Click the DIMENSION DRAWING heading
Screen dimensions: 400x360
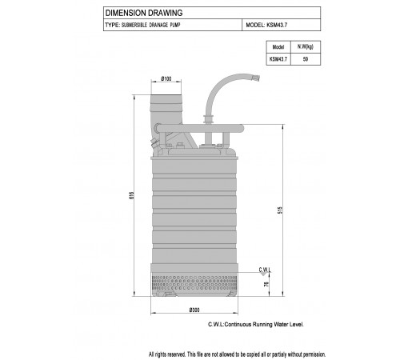144,13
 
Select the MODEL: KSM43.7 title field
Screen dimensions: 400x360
266,25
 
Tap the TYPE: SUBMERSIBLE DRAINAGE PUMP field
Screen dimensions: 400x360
142,25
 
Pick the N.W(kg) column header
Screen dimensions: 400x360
306,47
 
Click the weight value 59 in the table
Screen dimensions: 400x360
306,59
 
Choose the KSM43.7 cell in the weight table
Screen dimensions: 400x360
278,59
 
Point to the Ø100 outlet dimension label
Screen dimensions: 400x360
166,78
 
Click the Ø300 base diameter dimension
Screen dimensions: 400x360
194,310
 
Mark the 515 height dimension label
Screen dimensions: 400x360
280,210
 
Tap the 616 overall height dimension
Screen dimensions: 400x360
131,196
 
